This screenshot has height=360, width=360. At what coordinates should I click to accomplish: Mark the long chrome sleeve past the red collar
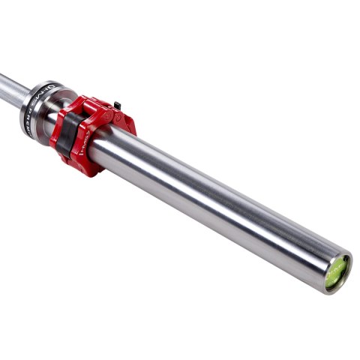(x=225, y=202)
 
